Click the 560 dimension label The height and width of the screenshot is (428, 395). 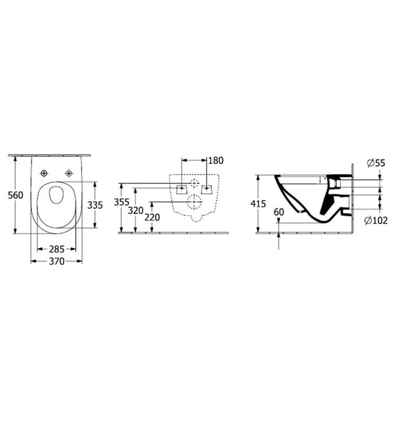tap(15, 195)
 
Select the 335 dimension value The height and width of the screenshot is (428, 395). tap(94, 205)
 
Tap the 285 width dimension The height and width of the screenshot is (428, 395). tap(56, 249)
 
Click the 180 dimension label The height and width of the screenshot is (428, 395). tap(216, 161)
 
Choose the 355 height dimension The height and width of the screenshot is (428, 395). tap(121, 202)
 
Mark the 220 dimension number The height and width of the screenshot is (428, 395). tap(152, 217)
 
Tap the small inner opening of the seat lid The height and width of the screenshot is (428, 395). tap(56, 196)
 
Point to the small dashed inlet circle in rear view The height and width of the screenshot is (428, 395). tap(195, 183)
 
